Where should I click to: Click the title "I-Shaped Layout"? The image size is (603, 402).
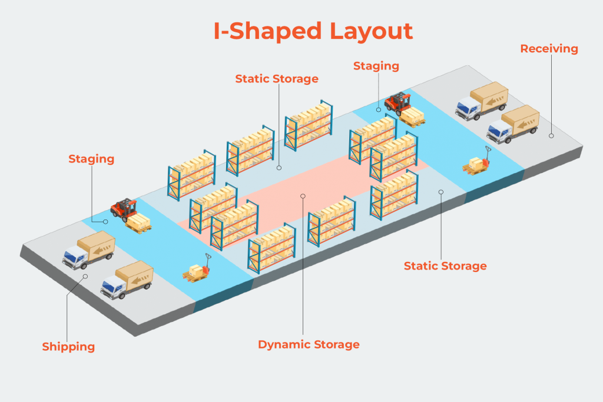click(313, 31)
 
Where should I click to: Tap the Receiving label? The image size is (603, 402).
click(549, 49)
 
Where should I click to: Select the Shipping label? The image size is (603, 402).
click(68, 347)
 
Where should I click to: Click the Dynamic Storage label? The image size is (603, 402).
click(309, 344)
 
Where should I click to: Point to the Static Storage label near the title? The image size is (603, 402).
click(276, 78)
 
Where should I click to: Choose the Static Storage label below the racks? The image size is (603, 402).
click(445, 266)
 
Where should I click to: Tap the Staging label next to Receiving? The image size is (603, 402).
click(376, 66)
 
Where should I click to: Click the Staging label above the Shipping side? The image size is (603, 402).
click(91, 159)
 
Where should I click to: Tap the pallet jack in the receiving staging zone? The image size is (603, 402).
click(477, 164)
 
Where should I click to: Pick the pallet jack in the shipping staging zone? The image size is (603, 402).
click(198, 270)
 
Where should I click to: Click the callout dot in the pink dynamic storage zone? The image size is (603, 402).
click(303, 196)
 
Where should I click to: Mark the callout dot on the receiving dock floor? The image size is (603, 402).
click(551, 135)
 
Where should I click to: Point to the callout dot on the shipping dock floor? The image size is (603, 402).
click(85, 275)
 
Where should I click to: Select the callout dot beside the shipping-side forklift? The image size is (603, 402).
click(105, 222)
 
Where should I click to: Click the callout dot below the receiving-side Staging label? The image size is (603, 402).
click(378, 109)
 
